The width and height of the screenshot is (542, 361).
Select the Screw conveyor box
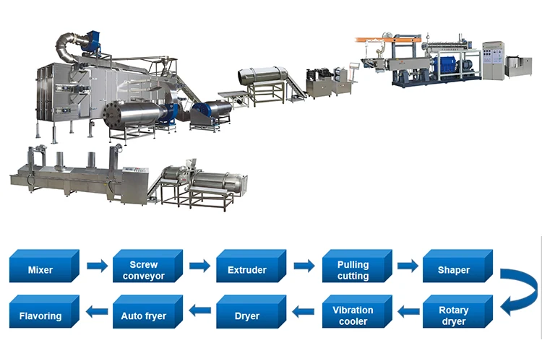tap(144, 269)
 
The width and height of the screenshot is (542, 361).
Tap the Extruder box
tap(247, 269)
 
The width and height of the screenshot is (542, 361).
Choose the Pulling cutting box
tap(352, 269)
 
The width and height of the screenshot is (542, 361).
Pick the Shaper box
tap(454, 269)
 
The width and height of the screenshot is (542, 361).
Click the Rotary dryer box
tap(454, 315)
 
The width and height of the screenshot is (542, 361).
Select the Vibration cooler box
tap(352, 316)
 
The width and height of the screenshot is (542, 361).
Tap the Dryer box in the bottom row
tap(247, 316)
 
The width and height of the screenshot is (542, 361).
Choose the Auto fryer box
tap(144, 316)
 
